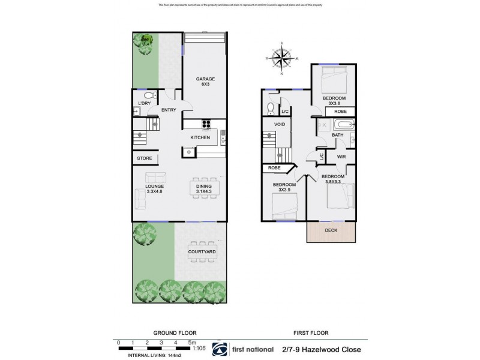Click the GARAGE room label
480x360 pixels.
[206, 79]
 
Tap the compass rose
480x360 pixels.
[281, 58]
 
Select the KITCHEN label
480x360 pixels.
[200, 138]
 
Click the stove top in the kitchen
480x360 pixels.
[208, 125]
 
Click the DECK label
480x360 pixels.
[331, 230]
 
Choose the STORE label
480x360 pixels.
[145, 158]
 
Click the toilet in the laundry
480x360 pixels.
[148, 96]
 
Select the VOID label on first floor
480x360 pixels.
[280, 125]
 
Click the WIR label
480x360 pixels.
[341, 157]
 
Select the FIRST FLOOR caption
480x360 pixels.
[306, 332]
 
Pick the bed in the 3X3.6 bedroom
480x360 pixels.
[332, 76]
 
